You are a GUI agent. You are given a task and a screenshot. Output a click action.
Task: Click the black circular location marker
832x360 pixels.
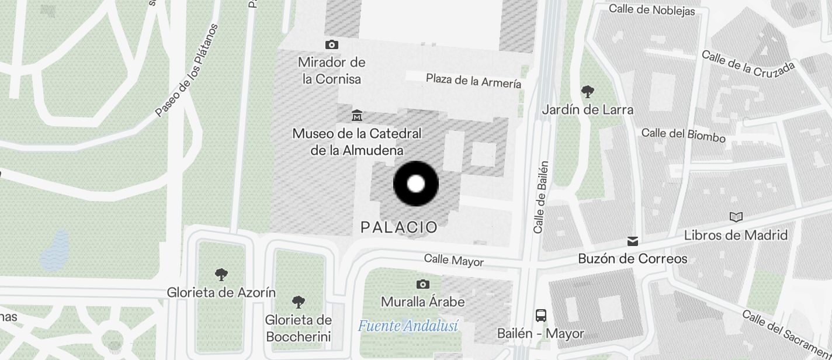point(415,184)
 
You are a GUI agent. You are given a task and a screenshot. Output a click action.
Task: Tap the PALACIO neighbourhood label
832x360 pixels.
point(399,227)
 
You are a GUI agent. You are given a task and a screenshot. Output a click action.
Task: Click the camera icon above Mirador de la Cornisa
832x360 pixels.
point(332,44)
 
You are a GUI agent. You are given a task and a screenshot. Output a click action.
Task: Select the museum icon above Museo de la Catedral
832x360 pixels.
point(356,115)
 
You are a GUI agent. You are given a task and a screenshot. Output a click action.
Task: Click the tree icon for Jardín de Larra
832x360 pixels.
point(588,91)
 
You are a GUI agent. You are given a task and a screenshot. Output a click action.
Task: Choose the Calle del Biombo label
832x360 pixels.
point(683,135)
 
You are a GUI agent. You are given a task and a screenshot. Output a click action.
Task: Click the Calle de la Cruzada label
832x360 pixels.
point(748,64)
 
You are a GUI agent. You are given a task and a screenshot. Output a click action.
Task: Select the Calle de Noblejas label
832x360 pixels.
point(651,9)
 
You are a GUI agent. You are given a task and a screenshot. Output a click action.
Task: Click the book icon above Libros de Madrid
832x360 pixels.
point(736,217)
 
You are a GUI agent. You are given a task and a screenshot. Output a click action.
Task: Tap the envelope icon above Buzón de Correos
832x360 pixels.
point(632,241)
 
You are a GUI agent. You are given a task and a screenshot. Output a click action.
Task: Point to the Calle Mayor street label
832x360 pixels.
point(453,259)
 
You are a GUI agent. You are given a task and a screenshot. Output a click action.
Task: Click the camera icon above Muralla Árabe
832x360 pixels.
point(422,284)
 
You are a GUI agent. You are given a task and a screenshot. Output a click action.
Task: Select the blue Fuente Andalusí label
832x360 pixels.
point(408,326)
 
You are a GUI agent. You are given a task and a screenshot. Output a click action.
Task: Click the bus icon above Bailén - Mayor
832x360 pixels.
point(541,316)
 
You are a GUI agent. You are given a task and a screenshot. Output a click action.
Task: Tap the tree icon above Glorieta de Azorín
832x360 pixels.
point(221,274)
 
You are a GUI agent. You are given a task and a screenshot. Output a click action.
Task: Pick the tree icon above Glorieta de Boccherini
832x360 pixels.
point(298,302)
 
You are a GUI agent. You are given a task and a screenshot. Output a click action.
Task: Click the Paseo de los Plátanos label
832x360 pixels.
point(187,70)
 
